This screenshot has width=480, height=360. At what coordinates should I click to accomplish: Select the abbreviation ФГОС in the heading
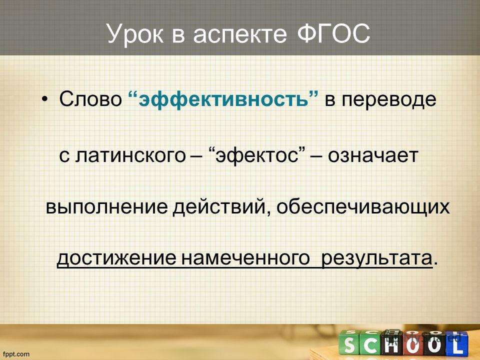[333, 33]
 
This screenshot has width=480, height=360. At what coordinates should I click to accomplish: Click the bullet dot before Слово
[45, 99]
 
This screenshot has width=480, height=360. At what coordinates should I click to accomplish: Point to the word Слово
[90, 99]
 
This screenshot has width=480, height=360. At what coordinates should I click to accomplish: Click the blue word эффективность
[223, 99]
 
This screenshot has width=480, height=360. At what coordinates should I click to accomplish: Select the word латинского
[130, 155]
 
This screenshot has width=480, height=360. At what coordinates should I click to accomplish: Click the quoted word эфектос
[257, 155]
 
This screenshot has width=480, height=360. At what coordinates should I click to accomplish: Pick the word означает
[373, 155]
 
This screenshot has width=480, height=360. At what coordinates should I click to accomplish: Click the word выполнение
[106, 207]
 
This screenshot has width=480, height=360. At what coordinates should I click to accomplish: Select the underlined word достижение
[116, 258]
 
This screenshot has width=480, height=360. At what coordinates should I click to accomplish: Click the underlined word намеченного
[245, 258]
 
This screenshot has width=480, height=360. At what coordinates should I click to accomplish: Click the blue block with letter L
[457, 345]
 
